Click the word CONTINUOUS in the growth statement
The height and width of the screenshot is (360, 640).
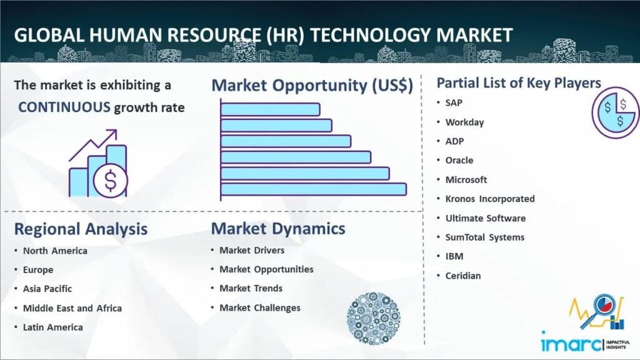(64, 107)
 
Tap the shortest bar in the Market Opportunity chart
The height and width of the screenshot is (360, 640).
(270, 109)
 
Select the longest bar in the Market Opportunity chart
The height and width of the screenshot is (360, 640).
(314, 189)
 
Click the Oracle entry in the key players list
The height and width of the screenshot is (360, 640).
(459, 161)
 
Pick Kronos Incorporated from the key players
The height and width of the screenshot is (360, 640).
(490, 199)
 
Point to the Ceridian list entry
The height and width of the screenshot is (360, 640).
(463, 276)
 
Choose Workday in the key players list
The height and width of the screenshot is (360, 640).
(464, 122)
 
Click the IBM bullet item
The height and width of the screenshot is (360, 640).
(454, 256)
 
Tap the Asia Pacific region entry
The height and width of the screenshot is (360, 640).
(47, 289)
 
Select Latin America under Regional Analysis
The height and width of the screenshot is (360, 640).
(52, 327)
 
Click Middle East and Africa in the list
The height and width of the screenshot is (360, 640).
(72, 308)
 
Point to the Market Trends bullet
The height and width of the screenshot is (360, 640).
(251, 288)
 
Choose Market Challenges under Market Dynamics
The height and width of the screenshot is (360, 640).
(260, 307)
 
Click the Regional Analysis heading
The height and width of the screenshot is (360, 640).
(81, 229)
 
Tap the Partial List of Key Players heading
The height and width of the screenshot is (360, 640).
(519, 83)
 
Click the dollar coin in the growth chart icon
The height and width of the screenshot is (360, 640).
(110, 181)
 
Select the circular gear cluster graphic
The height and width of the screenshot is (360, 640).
(374, 318)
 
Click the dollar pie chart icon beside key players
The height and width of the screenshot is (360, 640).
(616, 112)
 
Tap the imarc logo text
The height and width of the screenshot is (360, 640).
(571, 342)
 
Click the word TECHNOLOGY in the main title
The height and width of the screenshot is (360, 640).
(371, 35)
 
